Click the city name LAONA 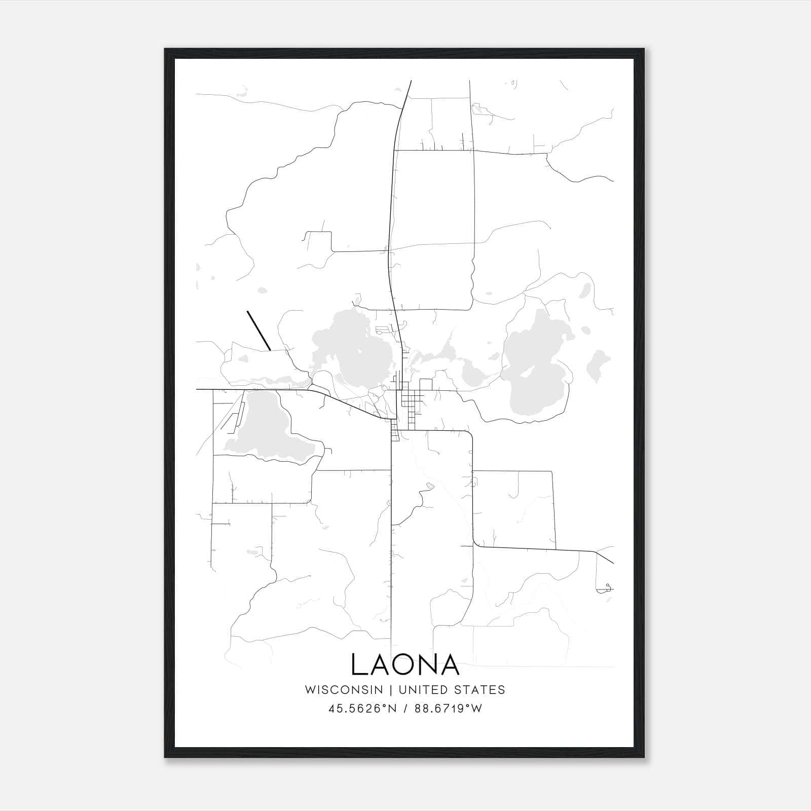click(405, 665)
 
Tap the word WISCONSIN click(344, 690)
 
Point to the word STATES click(480, 690)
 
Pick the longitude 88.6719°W click(448, 709)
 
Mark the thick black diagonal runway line click(259, 330)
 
